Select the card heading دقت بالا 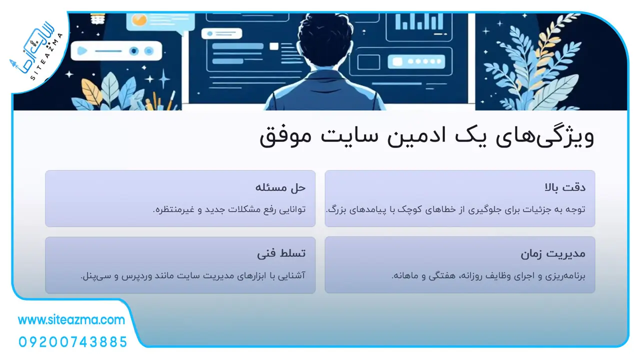(565, 187)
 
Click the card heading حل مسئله (280, 187)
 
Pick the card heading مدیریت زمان (553, 253)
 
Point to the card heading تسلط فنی (281, 253)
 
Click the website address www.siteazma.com (71, 319)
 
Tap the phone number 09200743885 (73, 342)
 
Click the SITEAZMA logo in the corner (37, 51)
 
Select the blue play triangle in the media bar (82, 51)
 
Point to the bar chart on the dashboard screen (419, 21)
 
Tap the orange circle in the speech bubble (139, 20)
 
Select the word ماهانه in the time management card (403, 275)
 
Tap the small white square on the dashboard (273, 46)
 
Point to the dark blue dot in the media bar (133, 51)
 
